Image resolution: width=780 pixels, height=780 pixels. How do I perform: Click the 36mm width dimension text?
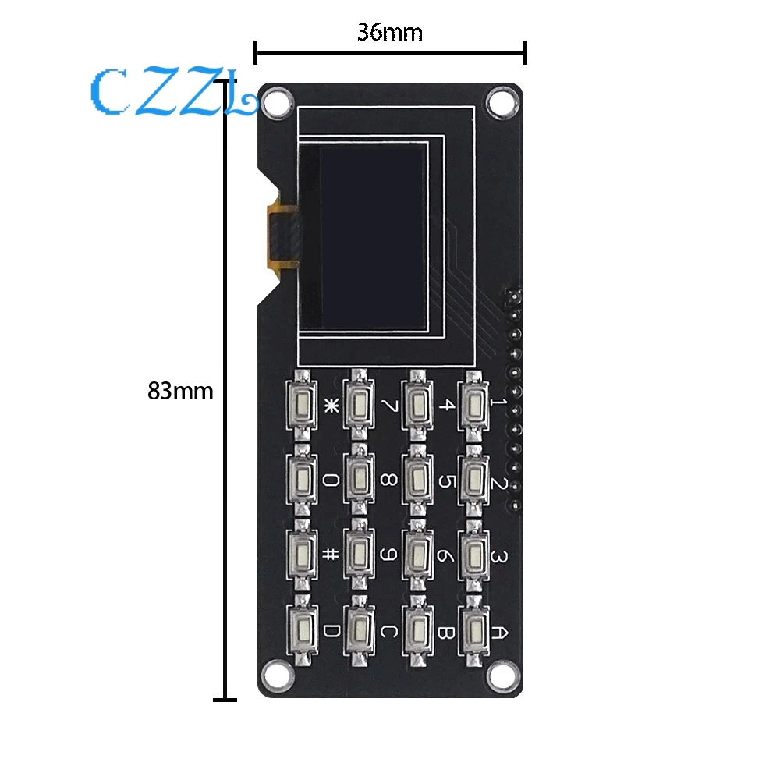click(390, 33)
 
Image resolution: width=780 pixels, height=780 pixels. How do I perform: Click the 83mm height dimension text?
click(180, 391)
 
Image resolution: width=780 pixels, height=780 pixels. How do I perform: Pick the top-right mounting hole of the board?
click(499, 100)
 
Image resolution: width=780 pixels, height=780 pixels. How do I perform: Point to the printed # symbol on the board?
click(331, 555)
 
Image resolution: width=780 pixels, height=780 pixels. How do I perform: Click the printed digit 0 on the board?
click(331, 480)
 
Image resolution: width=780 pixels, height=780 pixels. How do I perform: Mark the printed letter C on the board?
click(388, 630)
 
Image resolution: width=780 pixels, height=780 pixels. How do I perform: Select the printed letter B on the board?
click(445, 630)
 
